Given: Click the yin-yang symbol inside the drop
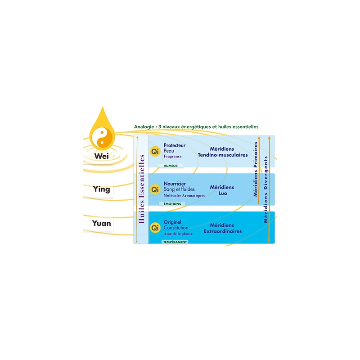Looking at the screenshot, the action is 102,138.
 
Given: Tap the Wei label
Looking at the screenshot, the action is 102,156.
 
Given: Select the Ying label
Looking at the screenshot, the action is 102,189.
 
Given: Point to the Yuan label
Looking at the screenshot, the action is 102,223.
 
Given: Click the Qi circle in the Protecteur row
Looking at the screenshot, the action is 155,152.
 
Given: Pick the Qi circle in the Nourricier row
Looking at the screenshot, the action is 155,189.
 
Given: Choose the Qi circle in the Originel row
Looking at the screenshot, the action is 155,228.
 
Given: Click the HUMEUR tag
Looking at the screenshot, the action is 171,166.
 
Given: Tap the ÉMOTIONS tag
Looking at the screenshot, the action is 172,204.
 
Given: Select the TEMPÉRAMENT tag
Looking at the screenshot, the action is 175,242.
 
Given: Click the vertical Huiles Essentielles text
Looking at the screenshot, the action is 141,189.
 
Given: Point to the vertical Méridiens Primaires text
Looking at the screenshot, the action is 256,169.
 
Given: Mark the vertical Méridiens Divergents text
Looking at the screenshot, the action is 265,189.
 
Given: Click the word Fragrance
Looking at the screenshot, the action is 173,156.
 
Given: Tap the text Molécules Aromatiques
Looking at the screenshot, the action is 184,195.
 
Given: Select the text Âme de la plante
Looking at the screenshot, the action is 178,234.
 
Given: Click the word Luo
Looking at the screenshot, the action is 223,193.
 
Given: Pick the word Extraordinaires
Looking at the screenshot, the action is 223,231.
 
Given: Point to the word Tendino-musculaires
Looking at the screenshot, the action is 223,155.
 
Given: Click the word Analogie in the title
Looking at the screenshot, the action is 144,127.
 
